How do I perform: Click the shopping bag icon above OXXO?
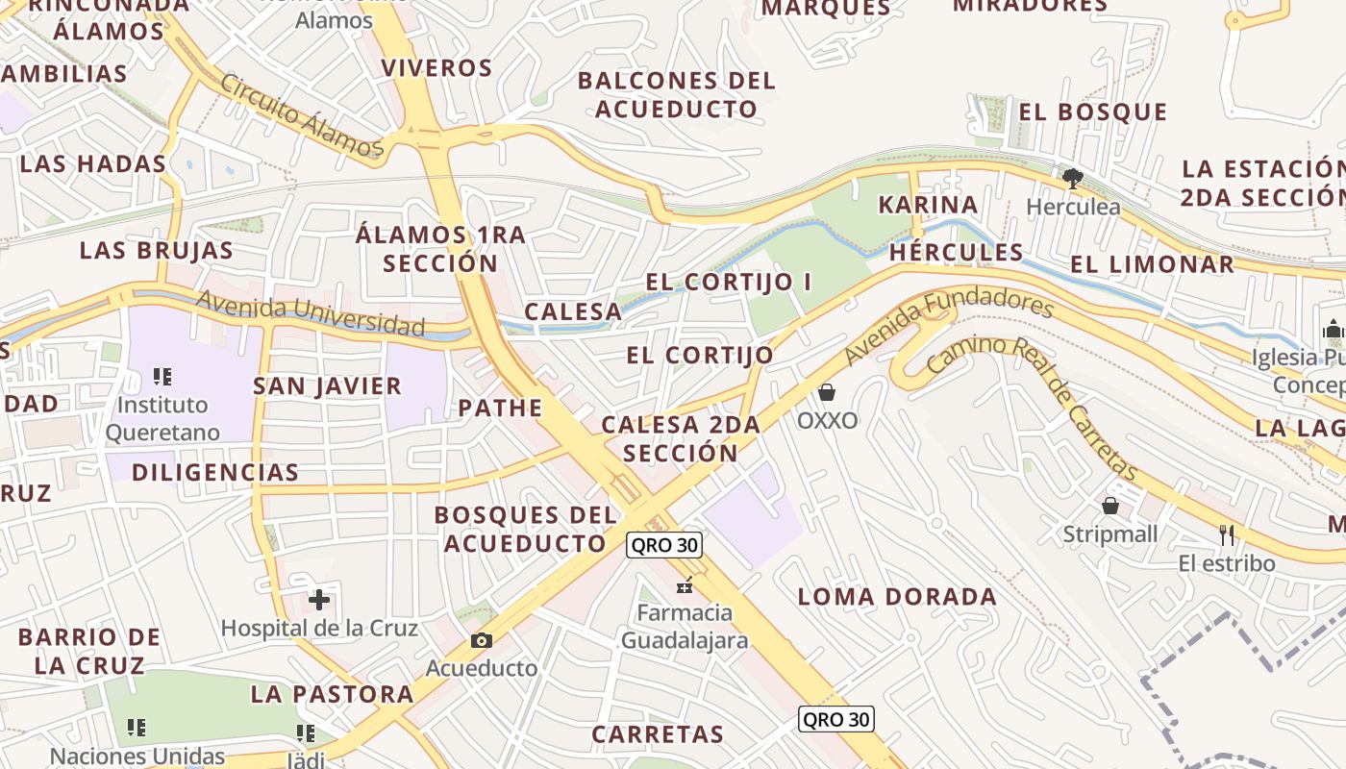point(827,392)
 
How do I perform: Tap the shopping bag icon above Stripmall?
point(1110,506)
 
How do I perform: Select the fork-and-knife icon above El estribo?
point(1227,534)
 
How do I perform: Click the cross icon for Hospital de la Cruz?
point(319,601)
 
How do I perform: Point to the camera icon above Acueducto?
point(482,640)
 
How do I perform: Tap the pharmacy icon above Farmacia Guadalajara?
point(685,584)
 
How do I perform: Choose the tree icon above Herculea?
point(1073,179)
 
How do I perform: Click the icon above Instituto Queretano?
point(162,377)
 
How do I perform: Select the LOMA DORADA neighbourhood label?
point(897,596)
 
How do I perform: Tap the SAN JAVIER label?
point(327,386)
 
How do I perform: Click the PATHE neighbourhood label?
point(500,408)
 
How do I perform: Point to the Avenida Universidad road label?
point(310,312)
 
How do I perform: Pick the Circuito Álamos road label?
point(302,114)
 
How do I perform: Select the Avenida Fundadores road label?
point(949,330)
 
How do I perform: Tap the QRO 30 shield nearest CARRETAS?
point(835,719)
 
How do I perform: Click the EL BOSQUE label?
point(1093,112)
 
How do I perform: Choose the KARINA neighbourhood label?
point(928,205)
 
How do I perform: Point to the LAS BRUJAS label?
point(156,250)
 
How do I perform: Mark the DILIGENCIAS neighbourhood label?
point(215,472)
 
